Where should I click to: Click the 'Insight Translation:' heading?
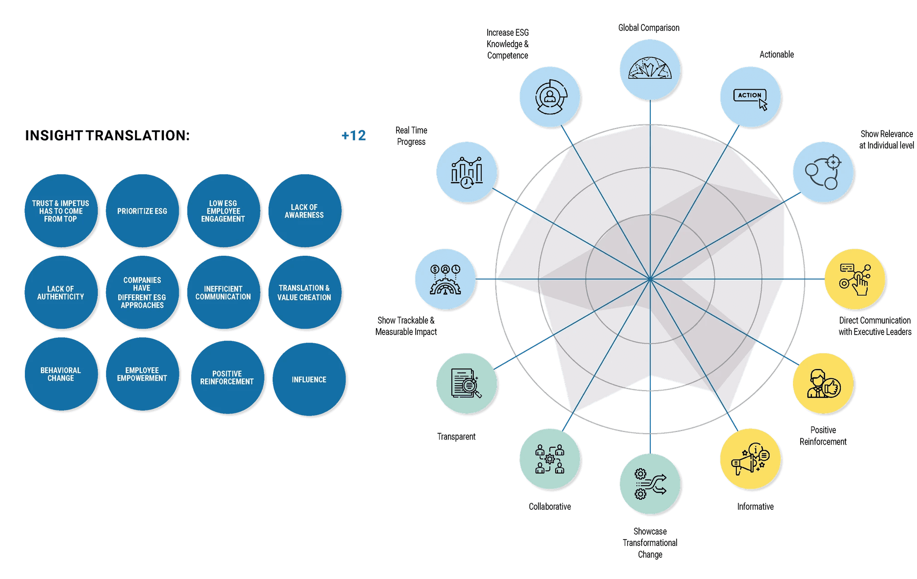(x=107, y=135)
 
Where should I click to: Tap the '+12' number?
(x=354, y=135)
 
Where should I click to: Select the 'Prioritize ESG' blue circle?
(x=142, y=211)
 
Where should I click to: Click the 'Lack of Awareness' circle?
(x=304, y=211)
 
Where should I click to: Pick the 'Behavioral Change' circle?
(x=61, y=374)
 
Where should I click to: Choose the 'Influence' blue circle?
(x=309, y=379)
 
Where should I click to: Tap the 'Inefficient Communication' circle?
(x=223, y=292)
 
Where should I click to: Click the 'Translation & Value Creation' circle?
(x=304, y=292)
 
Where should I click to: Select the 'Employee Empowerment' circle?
(x=142, y=374)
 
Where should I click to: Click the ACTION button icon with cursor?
(x=750, y=98)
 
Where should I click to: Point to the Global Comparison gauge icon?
(x=650, y=69)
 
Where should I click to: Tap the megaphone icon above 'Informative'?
(x=750, y=459)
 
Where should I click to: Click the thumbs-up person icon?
(x=823, y=384)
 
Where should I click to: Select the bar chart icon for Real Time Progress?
(x=467, y=172)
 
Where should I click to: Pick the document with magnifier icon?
(x=466, y=383)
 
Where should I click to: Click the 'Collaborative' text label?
(x=550, y=507)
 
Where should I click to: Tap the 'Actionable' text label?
(x=777, y=55)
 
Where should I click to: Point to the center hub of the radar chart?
(x=650, y=279)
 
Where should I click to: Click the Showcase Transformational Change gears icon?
(x=650, y=484)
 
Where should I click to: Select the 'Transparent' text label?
(x=456, y=437)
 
